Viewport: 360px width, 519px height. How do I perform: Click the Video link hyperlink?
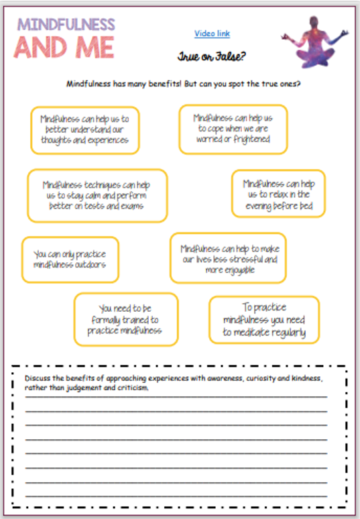click(x=212, y=34)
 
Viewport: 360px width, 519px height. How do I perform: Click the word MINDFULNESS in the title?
click(x=66, y=25)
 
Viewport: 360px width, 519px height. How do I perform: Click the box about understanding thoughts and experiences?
click(x=84, y=130)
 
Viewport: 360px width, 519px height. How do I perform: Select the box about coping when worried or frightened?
click(x=233, y=129)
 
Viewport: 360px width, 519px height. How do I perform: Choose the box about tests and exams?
click(x=97, y=195)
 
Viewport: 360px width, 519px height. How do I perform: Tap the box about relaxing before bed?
click(x=278, y=194)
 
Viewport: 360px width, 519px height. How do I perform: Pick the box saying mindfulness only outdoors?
click(x=70, y=259)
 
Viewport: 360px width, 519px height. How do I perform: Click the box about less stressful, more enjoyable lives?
click(x=227, y=258)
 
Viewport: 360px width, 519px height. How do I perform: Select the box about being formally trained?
click(x=126, y=319)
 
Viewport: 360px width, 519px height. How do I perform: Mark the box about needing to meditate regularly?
click(x=263, y=320)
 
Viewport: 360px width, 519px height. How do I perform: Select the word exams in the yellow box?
click(x=131, y=206)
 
